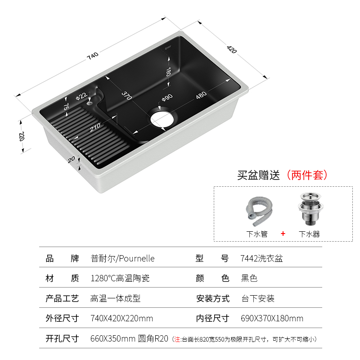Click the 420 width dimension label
coord(232,49)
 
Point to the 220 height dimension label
coord(21,136)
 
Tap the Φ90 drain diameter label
coord(167,97)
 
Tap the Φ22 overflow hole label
coord(81,96)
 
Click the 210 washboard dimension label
coord(95,128)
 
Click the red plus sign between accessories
coord(283,234)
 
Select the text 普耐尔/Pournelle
coord(122,258)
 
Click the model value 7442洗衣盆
coord(262,258)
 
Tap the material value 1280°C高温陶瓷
coord(120,279)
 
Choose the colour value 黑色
coord(249,279)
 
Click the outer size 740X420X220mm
coord(121,319)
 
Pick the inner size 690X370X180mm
coord(272,319)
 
